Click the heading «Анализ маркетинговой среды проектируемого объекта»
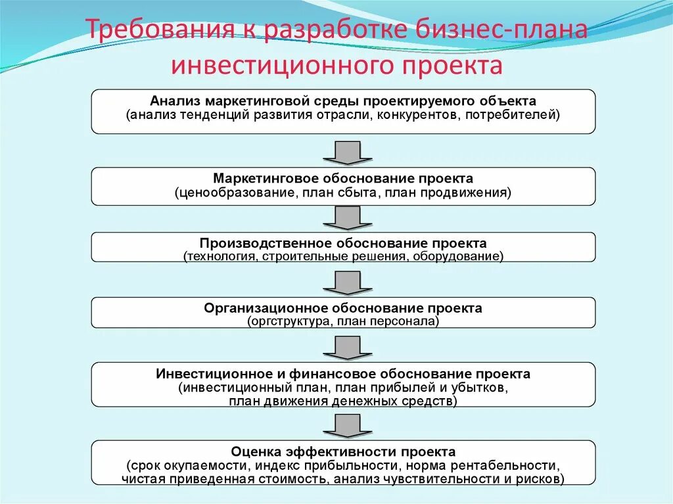(x=343, y=101)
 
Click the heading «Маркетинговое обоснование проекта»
(x=343, y=179)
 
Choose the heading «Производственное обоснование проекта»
(x=343, y=243)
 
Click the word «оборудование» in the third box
(x=457, y=256)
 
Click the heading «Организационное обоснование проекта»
(x=343, y=308)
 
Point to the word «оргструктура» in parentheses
(x=287, y=321)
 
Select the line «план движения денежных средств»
(x=342, y=401)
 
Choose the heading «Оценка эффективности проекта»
(x=343, y=452)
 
